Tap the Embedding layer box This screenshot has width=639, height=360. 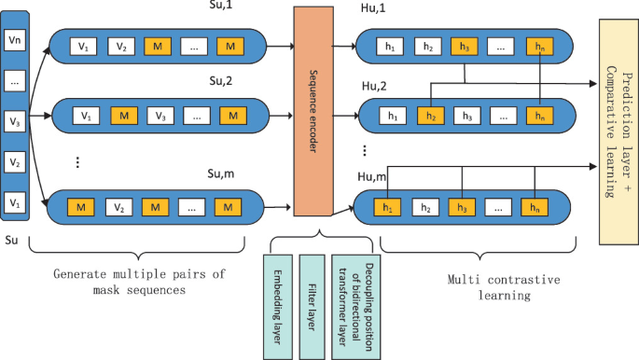click(x=281, y=305)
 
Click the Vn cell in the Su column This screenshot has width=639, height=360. click(x=13, y=41)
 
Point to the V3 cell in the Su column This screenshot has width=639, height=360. click(x=13, y=122)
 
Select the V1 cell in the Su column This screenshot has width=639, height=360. click(x=13, y=201)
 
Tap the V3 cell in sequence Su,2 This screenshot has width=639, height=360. click(x=159, y=117)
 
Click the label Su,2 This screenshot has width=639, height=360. click(x=224, y=80)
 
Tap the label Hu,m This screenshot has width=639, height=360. click(x=374, y=176)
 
